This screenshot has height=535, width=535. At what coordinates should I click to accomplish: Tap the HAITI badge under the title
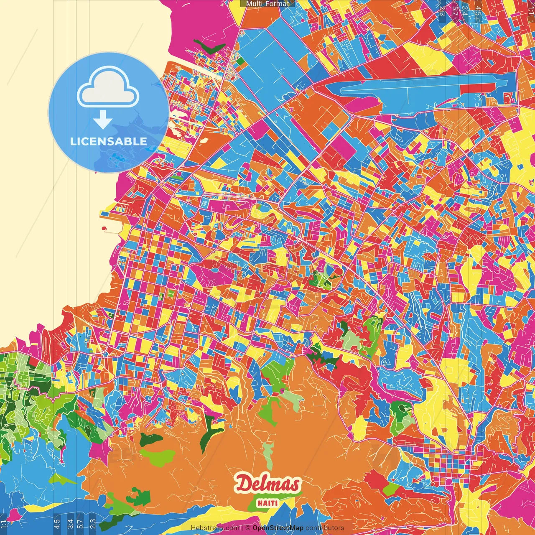267,503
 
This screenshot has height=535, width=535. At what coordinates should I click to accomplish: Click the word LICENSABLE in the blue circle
109,141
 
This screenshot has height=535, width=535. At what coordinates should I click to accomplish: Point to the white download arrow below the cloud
103,120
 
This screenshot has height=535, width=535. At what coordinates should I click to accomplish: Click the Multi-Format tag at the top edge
267,4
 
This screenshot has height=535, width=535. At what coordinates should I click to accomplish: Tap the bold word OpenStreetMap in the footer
278,528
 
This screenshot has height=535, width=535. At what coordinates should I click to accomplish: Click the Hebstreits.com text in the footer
215,528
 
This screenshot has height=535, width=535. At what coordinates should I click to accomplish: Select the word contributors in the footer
325,528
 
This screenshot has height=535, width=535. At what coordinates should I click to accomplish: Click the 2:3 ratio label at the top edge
442,10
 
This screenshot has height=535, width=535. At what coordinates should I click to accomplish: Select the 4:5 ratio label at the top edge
476,10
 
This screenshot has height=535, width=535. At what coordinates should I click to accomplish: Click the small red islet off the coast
103,229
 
